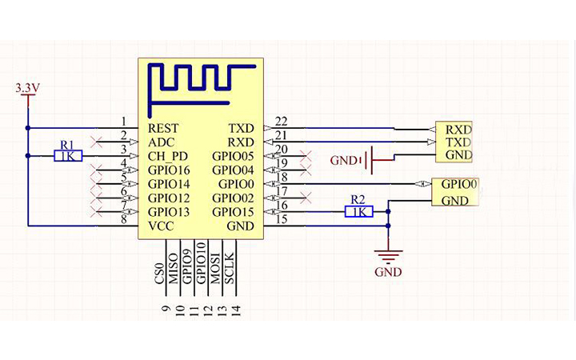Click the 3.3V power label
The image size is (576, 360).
pyautogui.click(x=28, y=88)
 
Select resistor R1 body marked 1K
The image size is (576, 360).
pyautogui.click(x=68, y=156)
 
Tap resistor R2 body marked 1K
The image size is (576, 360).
pyautogui.click(x=358, y=212)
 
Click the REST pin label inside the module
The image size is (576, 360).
pyautogui.click(x=163, y=128)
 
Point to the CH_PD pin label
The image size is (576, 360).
pyautogui.click(x=168, y=156)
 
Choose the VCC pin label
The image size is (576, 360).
pyautogui.click(x=162, y=226)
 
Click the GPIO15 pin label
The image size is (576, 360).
pyautogui.click(x=233, y=212)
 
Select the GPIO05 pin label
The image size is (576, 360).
pyautogui.click(x=233, y=156)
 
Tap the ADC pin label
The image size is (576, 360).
pyautogui.click(x=161, y=142)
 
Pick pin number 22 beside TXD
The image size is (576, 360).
pyautogui.click(x=281, y=121)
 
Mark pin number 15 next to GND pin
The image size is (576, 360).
pyautogui.click(x=281, y=219)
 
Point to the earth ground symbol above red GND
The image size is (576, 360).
pyautogui.click(x=388, y=255)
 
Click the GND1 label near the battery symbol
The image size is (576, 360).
pyautogui.click(x=346, y=161)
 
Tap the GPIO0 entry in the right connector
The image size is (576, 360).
pyautogui.click(x=459, y=184)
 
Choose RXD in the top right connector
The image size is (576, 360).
pyautogui.click(x=458, y=129)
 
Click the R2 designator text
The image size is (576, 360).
pyautogui.click(x=358, y=199)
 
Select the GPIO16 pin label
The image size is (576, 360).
pyautogui.click(x=169, y=170)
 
